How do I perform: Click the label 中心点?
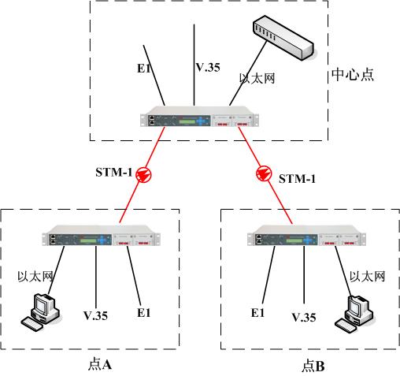coord(353,75)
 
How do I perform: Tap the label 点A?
coord(100,364)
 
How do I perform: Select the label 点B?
coord(313,366)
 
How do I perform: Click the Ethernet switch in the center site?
coord(283,38)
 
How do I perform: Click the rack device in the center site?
coord(199,117)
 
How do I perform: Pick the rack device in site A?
coord(102,236)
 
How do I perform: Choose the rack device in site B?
coord(306,236)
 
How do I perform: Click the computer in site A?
coord(41,312)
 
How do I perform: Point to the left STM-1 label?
coord(113,173)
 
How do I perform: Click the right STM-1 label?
coord(297,179)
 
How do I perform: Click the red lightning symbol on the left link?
coord(143,174)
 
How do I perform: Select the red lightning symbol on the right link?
coord(264,173)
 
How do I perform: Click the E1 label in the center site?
coord(144,69)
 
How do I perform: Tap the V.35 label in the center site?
coord(208,68)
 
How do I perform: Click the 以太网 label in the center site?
coord(257,78)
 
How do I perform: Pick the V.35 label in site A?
coord(95,315)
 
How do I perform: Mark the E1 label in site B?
coord(257,313)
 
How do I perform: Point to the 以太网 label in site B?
coord(368,277)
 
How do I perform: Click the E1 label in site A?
coord(144,313)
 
